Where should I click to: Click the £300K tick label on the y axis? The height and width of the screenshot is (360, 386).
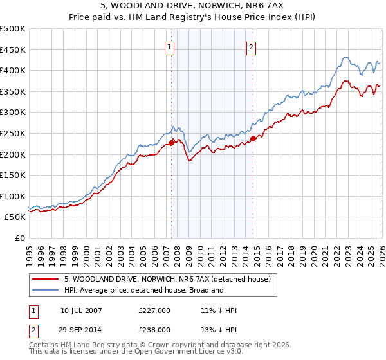13,113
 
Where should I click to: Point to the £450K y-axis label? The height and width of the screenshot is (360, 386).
13,50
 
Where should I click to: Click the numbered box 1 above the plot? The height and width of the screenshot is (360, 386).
169,46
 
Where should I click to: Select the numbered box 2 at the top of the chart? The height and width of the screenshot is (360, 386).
250,46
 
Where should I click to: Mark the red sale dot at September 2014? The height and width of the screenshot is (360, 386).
253,138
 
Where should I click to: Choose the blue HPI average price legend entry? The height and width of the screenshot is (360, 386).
143,290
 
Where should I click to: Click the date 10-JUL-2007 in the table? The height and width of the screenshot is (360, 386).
82,310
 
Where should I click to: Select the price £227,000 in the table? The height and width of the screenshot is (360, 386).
154,310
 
